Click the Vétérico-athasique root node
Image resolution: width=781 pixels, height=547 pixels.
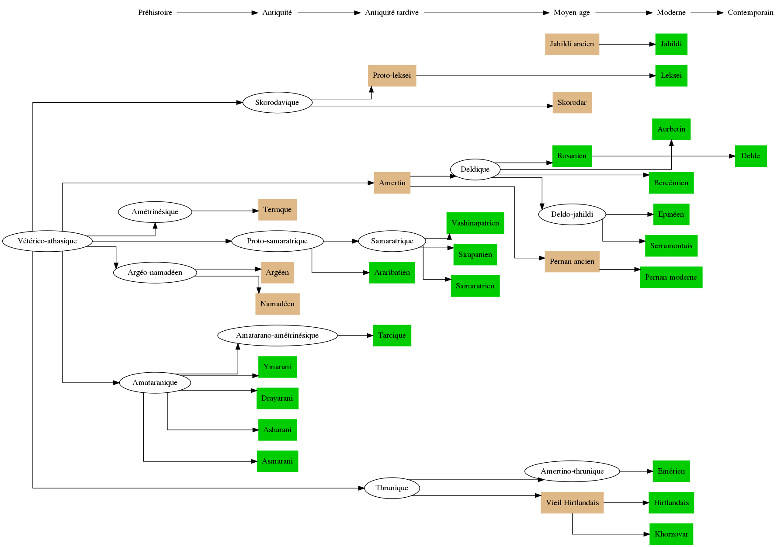[47, 241]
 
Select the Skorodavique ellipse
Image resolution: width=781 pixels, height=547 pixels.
[277, 103]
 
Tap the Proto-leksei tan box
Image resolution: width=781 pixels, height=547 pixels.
[392, 76]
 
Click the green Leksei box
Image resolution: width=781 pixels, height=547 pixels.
[671, 76]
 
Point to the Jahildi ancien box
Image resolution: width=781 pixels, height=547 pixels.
[572, 44]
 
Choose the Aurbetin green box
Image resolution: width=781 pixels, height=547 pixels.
[671, 129]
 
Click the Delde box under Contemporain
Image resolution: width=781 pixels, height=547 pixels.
[750, 156]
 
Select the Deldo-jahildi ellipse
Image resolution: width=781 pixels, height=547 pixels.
[572, 215]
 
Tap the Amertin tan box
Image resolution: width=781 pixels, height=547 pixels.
[392, 183]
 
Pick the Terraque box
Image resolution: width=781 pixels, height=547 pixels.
[277, 210]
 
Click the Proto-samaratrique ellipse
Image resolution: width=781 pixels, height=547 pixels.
[277, 241]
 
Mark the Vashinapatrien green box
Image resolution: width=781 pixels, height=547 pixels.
[475, 223]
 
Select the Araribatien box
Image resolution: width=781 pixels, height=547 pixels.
[392, 273]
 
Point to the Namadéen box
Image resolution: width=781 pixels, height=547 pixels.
[277, 304]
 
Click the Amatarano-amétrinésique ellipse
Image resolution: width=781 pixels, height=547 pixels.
[277, 336]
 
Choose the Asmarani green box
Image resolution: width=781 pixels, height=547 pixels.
[277, 461]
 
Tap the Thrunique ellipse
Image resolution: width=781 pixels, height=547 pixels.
[392, 488]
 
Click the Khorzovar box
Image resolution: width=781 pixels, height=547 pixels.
[671, 534]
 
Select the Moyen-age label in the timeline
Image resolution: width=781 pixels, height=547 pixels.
[572, 13]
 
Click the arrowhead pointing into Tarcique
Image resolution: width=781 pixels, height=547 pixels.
[370, 336]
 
